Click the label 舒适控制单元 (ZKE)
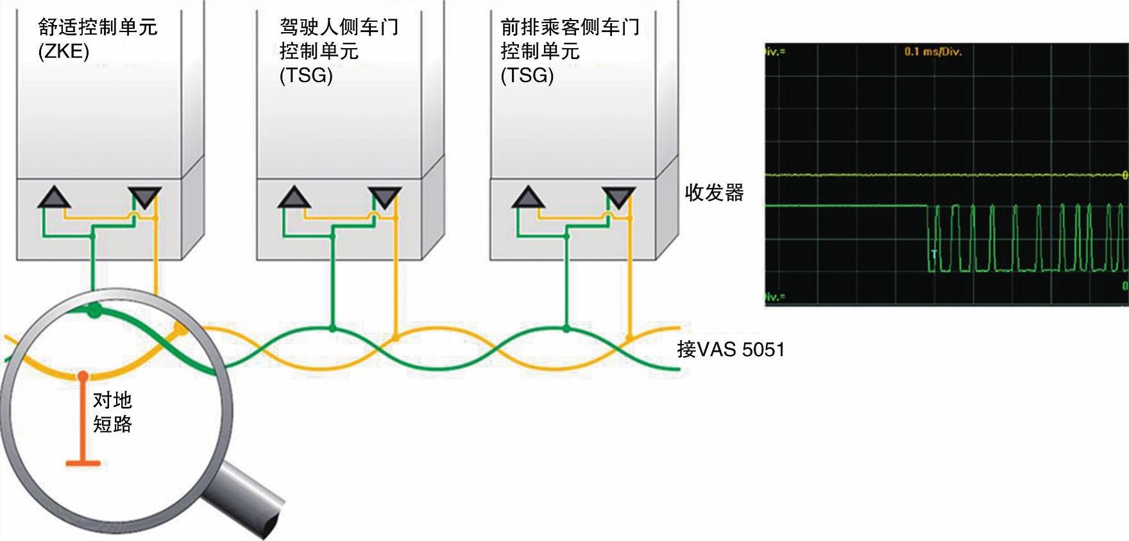pos(98,39)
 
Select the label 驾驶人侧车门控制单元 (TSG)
pos(339,51)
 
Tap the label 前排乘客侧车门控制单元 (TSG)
pos(570,51)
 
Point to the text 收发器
pos(714,193)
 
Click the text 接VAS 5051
pos(731,350)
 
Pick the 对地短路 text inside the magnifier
pos(113,412)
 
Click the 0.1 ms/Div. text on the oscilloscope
pos(933,52)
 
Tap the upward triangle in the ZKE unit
pos(54,198)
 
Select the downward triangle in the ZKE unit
pos(144,197)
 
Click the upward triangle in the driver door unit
pos(294,198)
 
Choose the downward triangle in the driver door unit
pos(385,197)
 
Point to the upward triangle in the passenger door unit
pos(528,198)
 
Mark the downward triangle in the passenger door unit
pos(618,197)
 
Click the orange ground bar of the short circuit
pos(83,462)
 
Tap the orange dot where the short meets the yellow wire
pos(83,374)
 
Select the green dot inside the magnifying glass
pos(94,312)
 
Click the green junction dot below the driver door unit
pos(332,329)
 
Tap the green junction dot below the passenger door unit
pos(566,329)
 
